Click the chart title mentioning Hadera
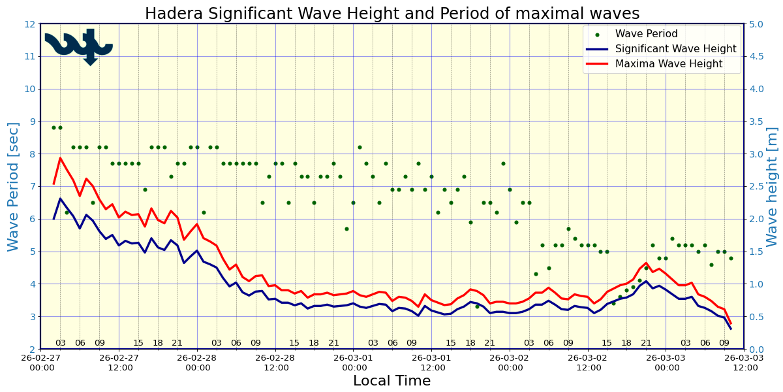(x=391, y=14)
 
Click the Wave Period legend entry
(x=646, y=34)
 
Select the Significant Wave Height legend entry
(x=676, y=49)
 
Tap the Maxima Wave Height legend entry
(x=669, y=64)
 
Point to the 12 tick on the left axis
(x=29, y=24)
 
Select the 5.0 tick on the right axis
(x=756, y=24)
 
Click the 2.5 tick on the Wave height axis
(x=756, y=187)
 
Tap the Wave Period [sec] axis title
(x=14, y=186)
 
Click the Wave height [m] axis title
(x=773, y=186)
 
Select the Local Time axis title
(x=391, y=381)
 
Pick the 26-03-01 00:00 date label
(x=354, y=363)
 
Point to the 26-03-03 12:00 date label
(x=745, y=363)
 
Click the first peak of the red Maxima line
(x=60, y=157)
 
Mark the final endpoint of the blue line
(x=731, y=329)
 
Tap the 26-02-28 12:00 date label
(x=276, y=363)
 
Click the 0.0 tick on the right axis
(x=756, y=350)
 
